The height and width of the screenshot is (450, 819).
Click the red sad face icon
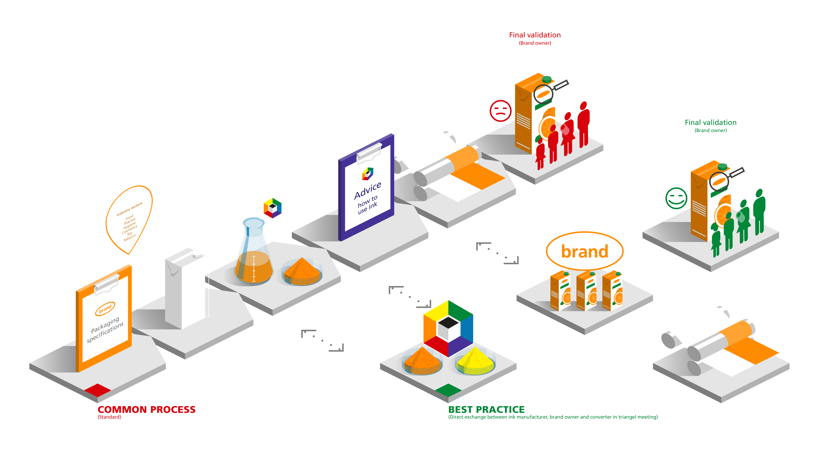(x=500, y=111)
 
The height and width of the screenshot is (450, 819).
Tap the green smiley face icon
(x=676, y=199)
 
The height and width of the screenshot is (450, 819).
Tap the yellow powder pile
(x=475, y=362)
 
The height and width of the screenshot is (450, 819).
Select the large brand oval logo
(x=584, y=251)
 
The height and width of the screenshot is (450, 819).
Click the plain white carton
(x=181, y=289)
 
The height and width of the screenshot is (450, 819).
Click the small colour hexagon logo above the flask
(x=272, y=208)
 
